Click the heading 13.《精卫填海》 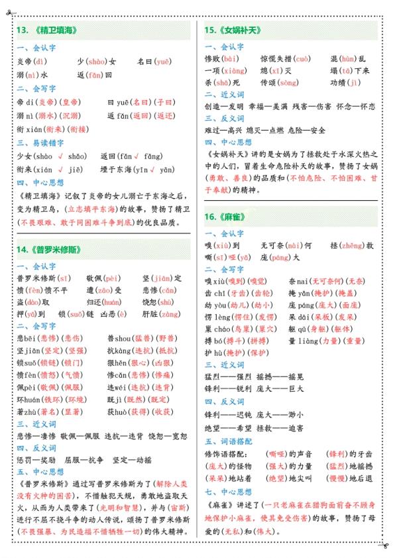[47, 30]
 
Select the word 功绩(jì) [345, 83]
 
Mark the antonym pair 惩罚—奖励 [40, 460]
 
